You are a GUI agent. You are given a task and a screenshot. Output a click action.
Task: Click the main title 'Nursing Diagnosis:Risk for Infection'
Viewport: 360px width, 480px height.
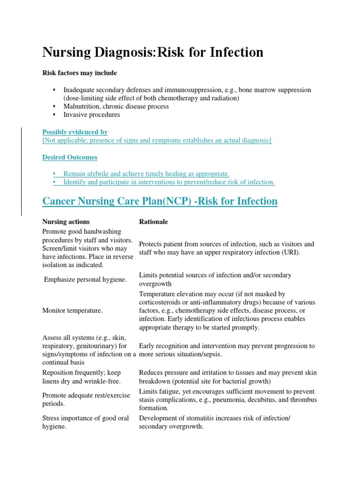(x=153, y=52)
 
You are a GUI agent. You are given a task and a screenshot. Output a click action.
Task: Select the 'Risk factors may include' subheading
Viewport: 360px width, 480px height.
(x=80, y=73)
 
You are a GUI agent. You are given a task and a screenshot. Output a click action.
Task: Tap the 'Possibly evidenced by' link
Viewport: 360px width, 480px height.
(x=75, y=132)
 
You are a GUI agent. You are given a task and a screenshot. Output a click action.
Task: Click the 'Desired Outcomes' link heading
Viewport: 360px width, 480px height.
(x=70, y=157)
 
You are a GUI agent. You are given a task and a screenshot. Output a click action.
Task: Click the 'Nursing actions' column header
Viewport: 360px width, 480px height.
(x=66, y=222)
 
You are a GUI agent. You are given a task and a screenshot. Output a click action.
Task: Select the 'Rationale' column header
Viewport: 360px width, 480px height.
(x=153, y=222)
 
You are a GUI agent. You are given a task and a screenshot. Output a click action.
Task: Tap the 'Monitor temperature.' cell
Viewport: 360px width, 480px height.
(x=73, y=311)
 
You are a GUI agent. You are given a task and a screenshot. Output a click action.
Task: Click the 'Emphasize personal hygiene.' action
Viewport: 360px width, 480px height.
(x=85, y=280)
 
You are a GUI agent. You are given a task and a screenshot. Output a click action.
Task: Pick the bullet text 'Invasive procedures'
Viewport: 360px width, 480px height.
(x=92, y=114)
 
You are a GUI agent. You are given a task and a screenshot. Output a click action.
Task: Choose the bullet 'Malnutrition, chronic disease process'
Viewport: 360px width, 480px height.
(x=116, y=106)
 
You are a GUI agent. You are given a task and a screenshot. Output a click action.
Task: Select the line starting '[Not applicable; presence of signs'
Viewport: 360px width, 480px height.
(x=157, y=140)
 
